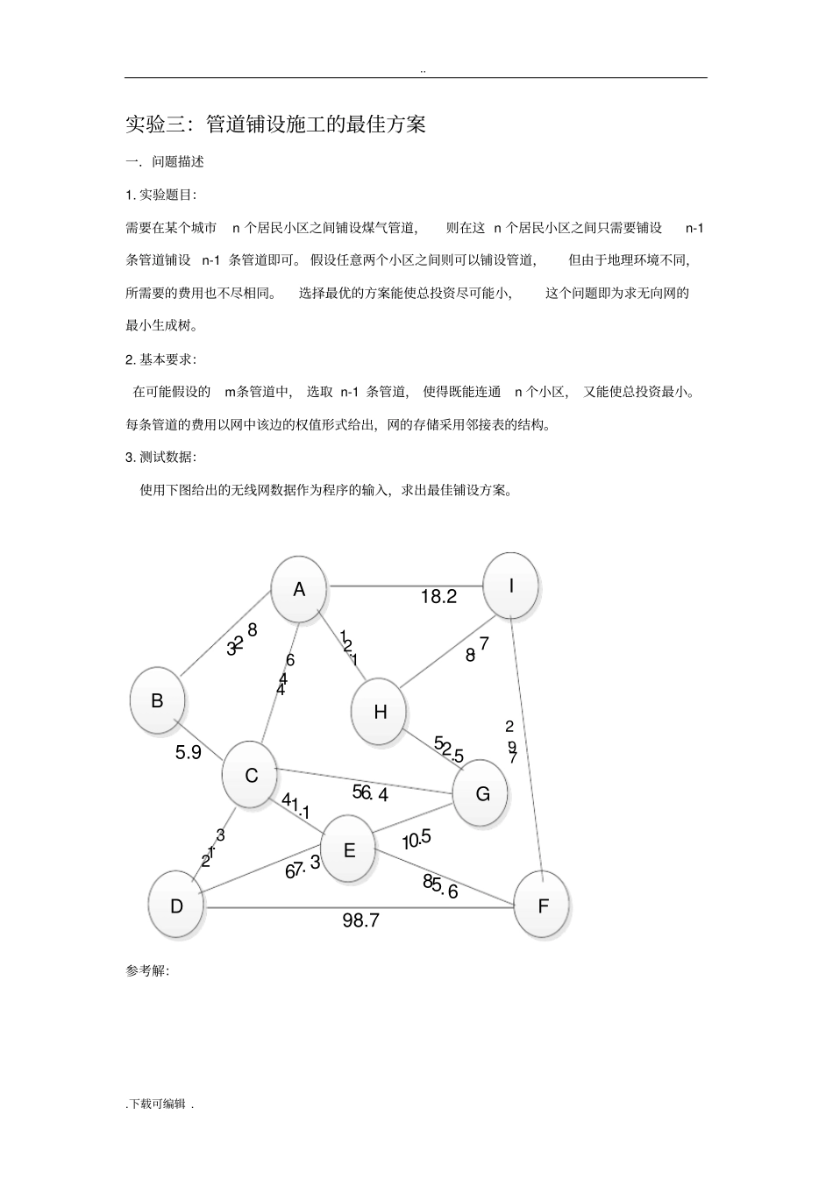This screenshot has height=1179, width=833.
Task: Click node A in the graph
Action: tap(299, 589)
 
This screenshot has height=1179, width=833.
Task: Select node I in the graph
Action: tap(511, 586)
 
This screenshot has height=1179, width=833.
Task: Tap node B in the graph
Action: tap(157, 700)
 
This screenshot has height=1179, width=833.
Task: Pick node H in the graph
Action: tap(380, 712)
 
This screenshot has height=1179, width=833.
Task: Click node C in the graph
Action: tap(251, 776)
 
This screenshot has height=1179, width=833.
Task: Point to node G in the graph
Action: tap(481, 793)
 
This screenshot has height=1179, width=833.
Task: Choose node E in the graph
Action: tap(348, 849)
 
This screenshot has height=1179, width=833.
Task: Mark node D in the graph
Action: tap(176, 906)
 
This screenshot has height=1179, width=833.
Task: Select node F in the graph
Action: tap(542, 906)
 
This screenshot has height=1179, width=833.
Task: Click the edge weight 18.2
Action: tap(438, 597)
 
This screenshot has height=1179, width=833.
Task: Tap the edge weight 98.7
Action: tap(360, 920)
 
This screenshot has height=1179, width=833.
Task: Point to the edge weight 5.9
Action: tap(189, 752)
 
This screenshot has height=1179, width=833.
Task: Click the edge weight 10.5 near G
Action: tap(417, 840)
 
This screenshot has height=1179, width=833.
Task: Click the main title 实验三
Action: tap(275, 124)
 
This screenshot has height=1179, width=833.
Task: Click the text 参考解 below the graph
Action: tap(147, 971)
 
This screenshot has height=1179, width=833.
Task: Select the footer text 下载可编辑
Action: tap(160, 1104)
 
